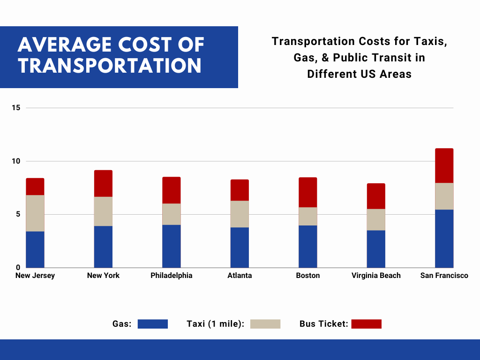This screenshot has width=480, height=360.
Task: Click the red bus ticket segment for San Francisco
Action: [x=444, y=165]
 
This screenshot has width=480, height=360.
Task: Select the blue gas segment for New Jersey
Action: [x=35, y=249]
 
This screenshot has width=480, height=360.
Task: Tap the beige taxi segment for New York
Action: [x=103, y=211]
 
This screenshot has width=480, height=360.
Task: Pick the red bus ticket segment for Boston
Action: [x=307, y=192]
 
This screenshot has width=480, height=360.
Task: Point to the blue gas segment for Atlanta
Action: [x=240, y=247]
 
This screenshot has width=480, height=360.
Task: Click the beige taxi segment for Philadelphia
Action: [x=172, y=214]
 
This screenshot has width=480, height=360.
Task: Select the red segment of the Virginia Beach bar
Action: [x=376, y=196]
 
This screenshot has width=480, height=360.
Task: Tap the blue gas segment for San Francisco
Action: [x=444, y=239]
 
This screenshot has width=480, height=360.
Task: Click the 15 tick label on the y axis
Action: [x=16, y=108]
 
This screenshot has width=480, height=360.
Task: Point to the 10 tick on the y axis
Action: [x=16, y=161]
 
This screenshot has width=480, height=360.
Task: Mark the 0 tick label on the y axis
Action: [x=18, y=268]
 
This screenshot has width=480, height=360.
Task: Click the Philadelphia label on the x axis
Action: [x=172, y=276]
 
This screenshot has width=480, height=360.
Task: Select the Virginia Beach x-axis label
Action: [x=376, y=276]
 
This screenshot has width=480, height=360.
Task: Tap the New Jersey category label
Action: [x=35, y=276]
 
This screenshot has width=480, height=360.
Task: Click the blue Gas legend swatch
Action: [x=153, y=324]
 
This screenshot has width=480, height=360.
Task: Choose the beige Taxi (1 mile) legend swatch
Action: [x=265, y=324]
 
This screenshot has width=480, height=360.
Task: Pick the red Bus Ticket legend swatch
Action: [x=367, y=324]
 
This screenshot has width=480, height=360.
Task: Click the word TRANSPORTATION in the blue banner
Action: [x=110, y=66]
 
